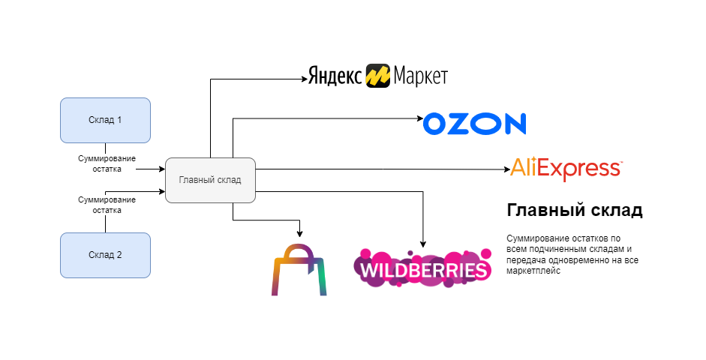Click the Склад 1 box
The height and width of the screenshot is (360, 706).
(x=105, y=120)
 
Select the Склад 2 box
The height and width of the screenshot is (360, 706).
(x=105, y=255)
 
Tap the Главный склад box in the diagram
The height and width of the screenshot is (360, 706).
(x=210, y=180)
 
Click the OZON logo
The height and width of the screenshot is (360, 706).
(x=474, y=124)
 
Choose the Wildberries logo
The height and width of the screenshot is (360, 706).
(x=422, y=268)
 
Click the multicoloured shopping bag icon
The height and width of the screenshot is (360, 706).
(x=299, y=269)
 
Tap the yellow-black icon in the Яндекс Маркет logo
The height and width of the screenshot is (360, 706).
(x=378, y=76)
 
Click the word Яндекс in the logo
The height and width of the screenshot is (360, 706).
(x=335, y=76)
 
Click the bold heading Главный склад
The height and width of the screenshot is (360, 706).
(x=575, y=211)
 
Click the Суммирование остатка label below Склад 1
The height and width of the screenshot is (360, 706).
(x=107, y=163)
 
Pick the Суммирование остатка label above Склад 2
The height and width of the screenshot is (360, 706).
(x=107, y=205)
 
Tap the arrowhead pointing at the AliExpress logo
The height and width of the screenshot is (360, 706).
(x=506, y=169)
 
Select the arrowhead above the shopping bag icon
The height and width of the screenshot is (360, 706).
(x=300, y=232)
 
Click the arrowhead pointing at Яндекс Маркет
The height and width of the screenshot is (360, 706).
(x=304, y=78)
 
